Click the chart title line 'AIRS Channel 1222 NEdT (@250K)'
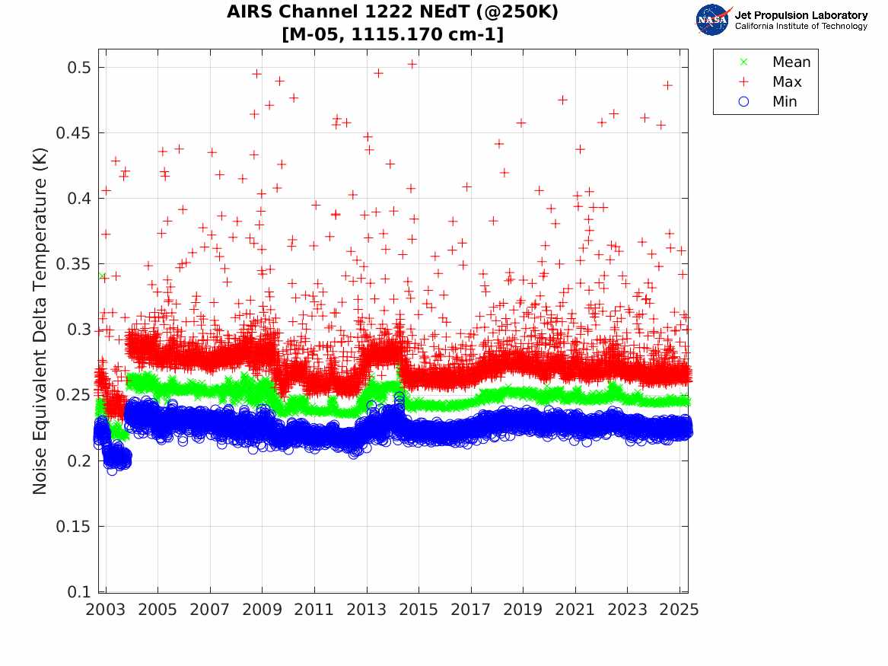392,13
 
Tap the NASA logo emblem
712,20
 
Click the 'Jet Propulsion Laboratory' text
800,15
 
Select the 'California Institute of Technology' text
800,27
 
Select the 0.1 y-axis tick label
80,592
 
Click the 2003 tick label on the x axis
106,610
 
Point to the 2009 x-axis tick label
263,610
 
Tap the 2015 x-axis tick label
419,610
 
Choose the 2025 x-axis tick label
680,610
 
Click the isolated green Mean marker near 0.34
101,276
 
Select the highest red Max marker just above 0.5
412,64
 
